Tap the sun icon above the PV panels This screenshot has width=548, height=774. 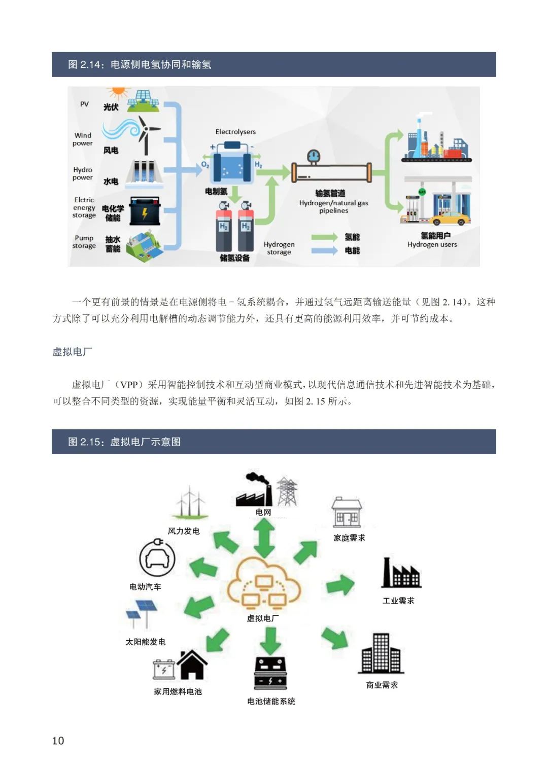pos(118,91)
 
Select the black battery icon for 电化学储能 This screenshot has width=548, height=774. pos(145,211)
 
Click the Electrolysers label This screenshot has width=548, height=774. pos(235,132)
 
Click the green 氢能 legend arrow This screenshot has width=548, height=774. pos(324,237)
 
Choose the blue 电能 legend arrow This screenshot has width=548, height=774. pos(324,250)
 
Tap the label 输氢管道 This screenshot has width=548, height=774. pos(330,193)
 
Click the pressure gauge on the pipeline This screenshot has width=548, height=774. pos(313,156)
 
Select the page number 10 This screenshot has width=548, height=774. pos(58,741)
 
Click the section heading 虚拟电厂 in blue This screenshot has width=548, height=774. pos(72,352)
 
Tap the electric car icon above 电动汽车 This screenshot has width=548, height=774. pos(157,559)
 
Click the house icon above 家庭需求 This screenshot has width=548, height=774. pos(347,512)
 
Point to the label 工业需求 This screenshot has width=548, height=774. pos(398,601)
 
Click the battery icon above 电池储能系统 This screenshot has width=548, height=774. pos(270,673)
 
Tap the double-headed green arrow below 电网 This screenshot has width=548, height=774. pos(264,538)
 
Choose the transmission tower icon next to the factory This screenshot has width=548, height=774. pos(287,491)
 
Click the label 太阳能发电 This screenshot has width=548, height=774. pos(145,642)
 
